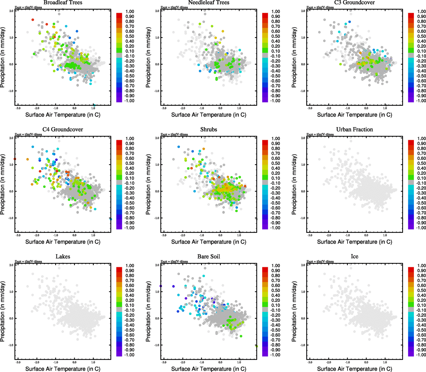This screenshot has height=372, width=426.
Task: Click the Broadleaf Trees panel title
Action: click(x=63, y=2)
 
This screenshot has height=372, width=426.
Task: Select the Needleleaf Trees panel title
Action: click(x=209, y=2)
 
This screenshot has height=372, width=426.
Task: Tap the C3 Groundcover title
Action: click(x=354, y=2)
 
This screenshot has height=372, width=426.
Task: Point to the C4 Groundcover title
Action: click(x=63, y=130)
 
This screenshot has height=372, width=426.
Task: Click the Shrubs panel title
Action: click(x=209, y=130)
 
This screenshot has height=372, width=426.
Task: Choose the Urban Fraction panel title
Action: click(x=354, y=130)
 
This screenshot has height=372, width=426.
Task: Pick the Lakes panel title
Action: click(x=63, y=257)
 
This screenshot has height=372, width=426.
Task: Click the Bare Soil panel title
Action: click(x=209, y=257)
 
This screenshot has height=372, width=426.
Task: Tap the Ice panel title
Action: click(x=354, y=257)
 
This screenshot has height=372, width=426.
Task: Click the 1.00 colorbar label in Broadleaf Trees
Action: click(x=130, y=11)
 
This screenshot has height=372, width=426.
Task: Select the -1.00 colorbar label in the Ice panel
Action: click(x=421, y=355)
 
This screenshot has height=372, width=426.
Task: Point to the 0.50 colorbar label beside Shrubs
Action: click(x=276, y=163)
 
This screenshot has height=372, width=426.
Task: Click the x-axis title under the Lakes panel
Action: click(x=63, y=369)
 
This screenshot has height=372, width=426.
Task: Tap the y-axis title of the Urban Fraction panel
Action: click(x=294, y=185)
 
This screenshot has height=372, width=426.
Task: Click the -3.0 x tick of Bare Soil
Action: click(x=164, y=362)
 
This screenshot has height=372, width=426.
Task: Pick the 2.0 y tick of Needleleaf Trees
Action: click(x=157, y=11)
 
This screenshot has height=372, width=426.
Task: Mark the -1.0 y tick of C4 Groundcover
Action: click(x=11, y=218)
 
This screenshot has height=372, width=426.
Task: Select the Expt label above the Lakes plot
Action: click(x=28, y=262)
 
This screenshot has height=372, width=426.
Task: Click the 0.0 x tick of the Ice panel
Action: click(x=366, y=362)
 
